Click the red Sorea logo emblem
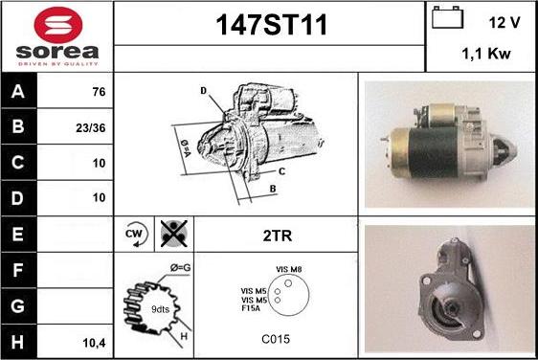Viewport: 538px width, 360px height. pos(58,25)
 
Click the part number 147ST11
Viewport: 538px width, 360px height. pos(272,25)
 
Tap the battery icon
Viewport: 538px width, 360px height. pos(447,17)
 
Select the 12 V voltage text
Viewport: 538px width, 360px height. pos(504,23)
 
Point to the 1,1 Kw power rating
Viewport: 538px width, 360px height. pos(486,54)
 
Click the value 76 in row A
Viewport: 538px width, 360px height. pos(99,92)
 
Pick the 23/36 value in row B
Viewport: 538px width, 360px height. pos(91,128)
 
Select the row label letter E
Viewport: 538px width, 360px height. pos(18,234)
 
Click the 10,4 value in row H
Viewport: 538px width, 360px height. pos(95,343)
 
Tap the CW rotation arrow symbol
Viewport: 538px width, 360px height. pos(136,234)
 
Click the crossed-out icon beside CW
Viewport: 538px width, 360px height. pos(174,234)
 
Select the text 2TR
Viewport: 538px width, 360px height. pos(278,236)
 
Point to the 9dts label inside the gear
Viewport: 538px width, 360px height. pos(160,309)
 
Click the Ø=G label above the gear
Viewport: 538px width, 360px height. pos(181,267)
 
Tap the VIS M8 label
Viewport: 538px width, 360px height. pos(288,269)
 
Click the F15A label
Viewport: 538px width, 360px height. pos(251,308)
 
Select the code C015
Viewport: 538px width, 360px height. pos(276,339)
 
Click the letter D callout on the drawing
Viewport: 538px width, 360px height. pos(204,91)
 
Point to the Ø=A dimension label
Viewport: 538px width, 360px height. pos(186,147)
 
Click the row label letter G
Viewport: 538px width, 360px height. pos(18,306)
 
